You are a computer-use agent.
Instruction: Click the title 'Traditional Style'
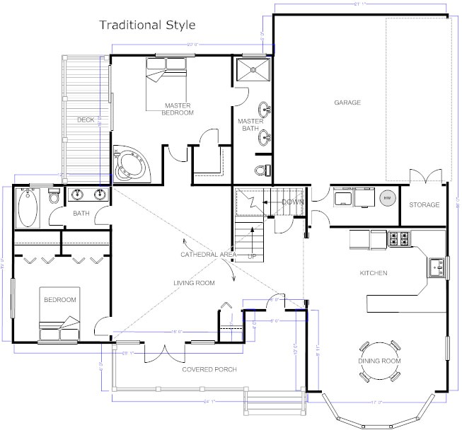pos(146,25)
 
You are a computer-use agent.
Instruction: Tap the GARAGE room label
pos(347,103)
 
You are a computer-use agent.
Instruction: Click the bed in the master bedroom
pos(166,71)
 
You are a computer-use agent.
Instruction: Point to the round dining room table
pos(381,352)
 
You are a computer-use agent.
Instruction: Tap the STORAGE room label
pos(424,205)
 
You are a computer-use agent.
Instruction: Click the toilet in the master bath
pos(261,170)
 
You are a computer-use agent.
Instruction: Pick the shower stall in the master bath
pos(252,72)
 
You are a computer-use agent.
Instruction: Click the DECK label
pos(86,120)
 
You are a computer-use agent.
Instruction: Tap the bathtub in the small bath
pos(28,207)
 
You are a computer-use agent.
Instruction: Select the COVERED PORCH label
pos(209,369)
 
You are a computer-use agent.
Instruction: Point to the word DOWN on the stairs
pos(292,202)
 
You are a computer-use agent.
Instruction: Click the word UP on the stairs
pos(252,256)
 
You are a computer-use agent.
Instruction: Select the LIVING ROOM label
pos(194,283)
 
